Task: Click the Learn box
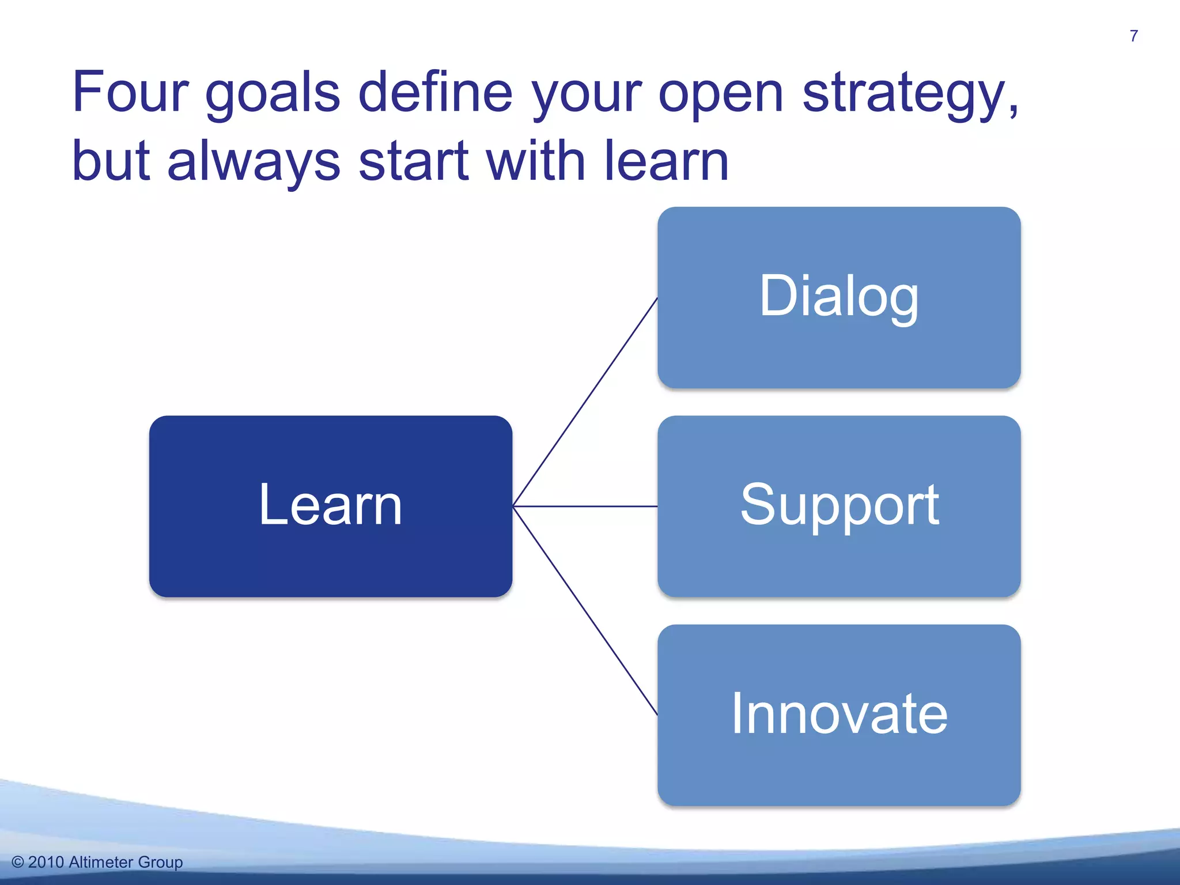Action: tap(330, 506)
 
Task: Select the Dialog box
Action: tap(839, 297)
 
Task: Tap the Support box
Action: tap(839, 506)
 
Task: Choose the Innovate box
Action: tap(839, 714)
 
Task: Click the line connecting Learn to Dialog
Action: tap(585, 402)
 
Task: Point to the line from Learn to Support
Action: tap(585, 506)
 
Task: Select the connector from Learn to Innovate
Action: tap(585, 611)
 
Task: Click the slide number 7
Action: tap(1133, 36)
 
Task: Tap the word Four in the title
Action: tap(130, 92)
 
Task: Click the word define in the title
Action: tap(435, 92)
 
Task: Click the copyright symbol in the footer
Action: tap(18, 862)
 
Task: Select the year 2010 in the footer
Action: tap(46, 862)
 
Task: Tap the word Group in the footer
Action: tap(161, 863)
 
